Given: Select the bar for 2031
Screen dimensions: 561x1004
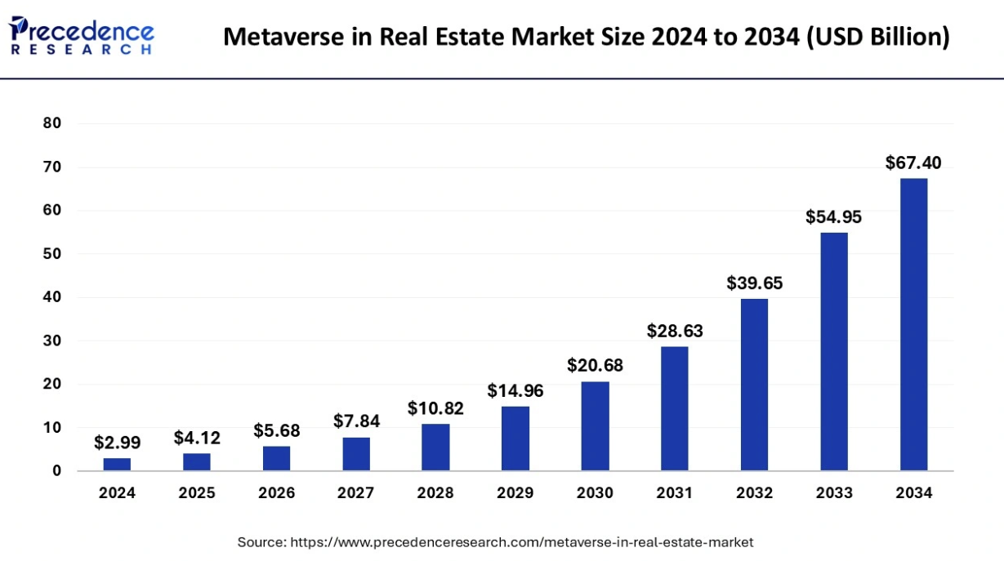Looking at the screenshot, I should point(674,408).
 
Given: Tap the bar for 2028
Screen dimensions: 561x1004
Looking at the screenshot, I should point(435,447).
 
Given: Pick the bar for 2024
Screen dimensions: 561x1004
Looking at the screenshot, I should point(117,464).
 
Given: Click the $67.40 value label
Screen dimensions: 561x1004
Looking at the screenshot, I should point(913,163).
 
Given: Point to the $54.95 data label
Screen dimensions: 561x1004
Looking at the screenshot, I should point(833,217).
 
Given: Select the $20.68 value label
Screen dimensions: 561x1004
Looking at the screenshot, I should point(595,366).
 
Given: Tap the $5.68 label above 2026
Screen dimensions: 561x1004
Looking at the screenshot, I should point(276,430).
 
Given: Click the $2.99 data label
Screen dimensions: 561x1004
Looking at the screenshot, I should point(117,443).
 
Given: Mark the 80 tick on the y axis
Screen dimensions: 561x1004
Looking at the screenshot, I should point(52,123).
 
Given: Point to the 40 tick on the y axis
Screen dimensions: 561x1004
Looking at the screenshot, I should point(52,297).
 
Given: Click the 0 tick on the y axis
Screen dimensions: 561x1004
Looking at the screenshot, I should point(56,470).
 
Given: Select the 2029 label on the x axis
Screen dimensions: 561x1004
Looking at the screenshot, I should point(515,493).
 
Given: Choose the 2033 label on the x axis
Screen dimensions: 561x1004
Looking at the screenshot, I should point(833,493).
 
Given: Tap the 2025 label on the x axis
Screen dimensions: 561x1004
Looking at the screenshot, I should point(196,493).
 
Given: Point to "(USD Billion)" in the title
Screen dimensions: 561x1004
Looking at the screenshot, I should point(878,37).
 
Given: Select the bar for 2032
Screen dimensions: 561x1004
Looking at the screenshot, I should point(754,385).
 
